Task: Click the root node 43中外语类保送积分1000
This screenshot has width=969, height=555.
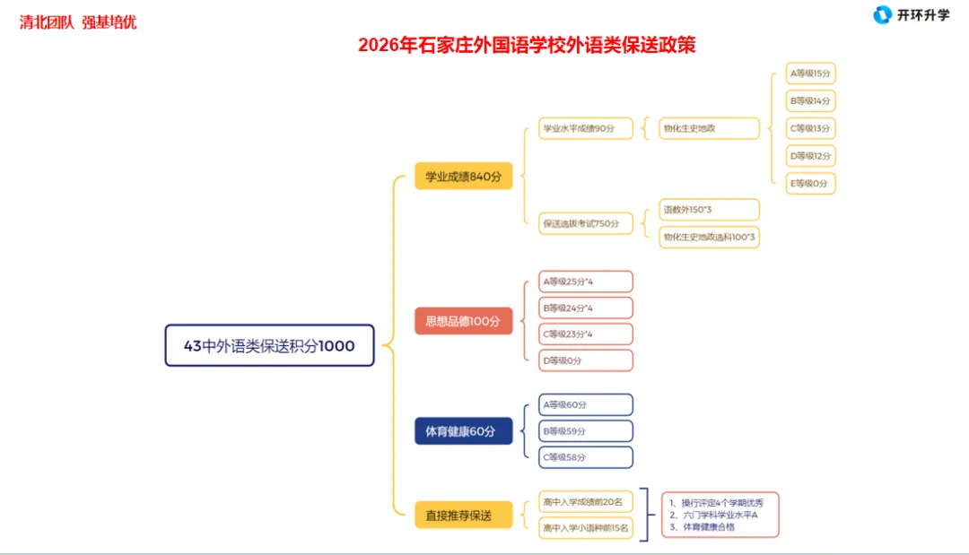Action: [x=269, y=345]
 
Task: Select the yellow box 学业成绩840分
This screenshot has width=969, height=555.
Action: [x=463, y=177]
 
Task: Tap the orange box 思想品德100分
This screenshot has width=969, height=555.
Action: [x=463, y=321]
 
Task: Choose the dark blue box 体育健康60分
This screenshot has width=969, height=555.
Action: [x=463, y=431]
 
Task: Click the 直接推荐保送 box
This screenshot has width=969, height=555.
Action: [x=463, y=516]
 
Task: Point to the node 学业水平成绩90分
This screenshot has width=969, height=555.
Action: [x=585, y=128]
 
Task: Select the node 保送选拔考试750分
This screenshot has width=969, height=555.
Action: [x=585, y=223]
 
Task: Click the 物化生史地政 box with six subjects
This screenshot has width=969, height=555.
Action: [x=709, y=128]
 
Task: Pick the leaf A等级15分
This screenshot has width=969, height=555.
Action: [x=810, y=74]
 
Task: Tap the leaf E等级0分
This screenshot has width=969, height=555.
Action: [x=810, y=184]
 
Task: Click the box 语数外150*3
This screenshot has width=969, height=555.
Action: [x=709, y=210]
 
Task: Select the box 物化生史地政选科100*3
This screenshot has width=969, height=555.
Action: [x=709, y=237]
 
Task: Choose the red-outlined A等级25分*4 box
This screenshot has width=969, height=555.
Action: [x=586, y=282]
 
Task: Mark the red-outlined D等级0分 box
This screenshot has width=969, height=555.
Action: [x=586, y=360]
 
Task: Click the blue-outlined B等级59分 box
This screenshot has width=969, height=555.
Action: [x=586, y=431]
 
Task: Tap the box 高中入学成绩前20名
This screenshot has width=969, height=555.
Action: [x=586, y=501]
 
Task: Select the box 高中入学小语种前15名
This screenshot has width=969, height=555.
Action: [x=586, y=529]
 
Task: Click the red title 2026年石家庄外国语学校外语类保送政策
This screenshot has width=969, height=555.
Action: [x=527, y=45]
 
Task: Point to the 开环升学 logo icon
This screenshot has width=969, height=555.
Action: [x=883, y=15]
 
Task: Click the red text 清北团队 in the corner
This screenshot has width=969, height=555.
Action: [x=47, y=22]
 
